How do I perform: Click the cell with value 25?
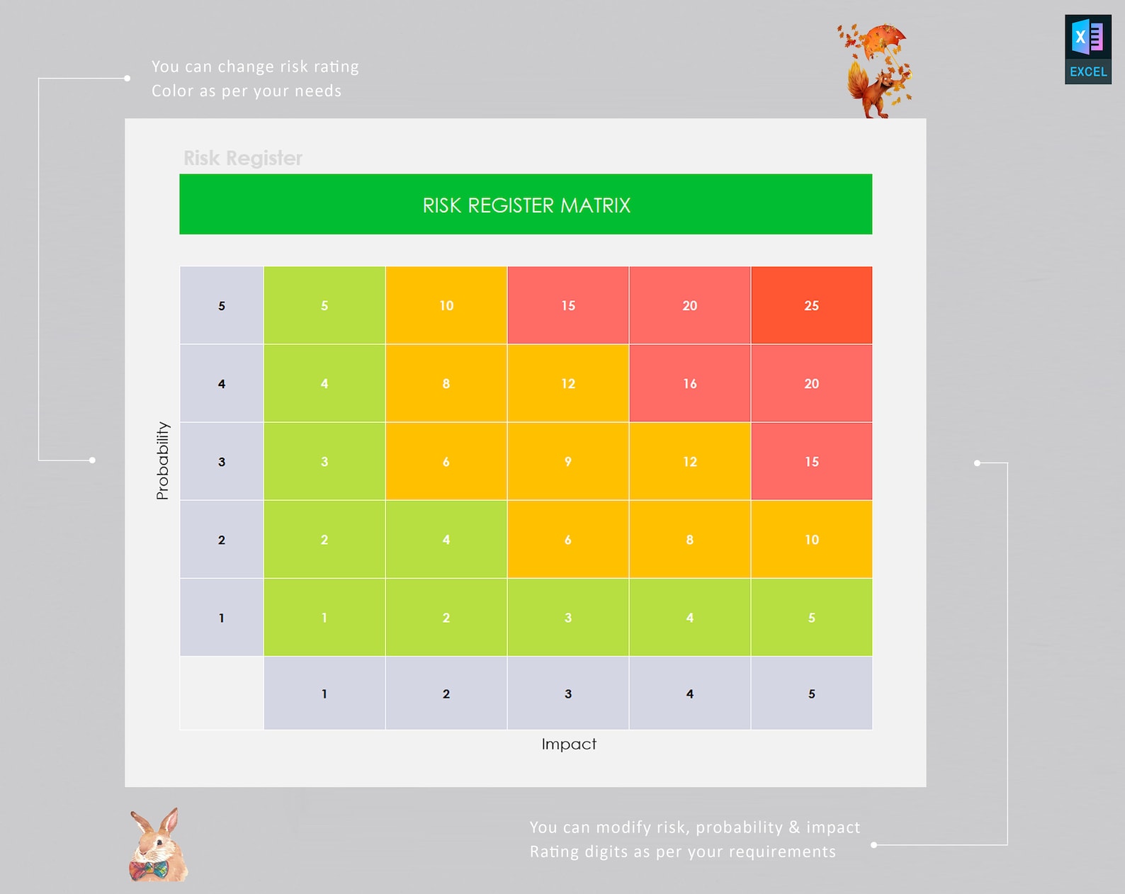[x=811, y=305]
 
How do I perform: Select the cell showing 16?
[x=689, y=383]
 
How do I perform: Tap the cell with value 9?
[x=567, y=461]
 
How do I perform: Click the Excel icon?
[x=1087, y=49]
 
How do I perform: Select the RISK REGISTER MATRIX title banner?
[x=526, y=205]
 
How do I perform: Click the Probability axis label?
[x=162, y=461]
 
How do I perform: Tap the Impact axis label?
[x=569, y=744]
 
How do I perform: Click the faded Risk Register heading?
[x=243, y=158]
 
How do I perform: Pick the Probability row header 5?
[x=222, y=306]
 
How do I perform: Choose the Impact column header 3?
[x=567, y=694]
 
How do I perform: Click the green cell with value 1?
[x=324, y=617]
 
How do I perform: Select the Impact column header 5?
[x=811, y=694]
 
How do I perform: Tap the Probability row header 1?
[x=222, y=618]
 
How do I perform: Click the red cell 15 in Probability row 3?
[x=811, y=461]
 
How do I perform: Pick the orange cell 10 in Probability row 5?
[x=446, y=305]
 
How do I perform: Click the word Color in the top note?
[x=173, y=91]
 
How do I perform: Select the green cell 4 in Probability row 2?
[x=446, y=539]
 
